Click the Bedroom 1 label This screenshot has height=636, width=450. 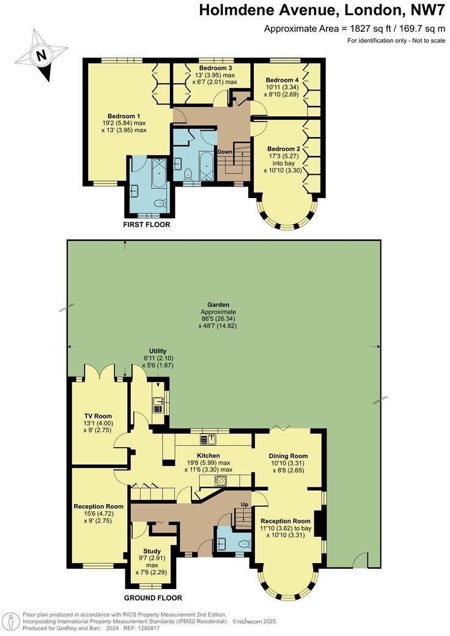coord(124,116)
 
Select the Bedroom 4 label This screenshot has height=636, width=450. coord(282,80)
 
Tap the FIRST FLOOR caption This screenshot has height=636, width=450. coord(147,225)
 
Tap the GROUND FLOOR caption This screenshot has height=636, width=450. coord(153,598)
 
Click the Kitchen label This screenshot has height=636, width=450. coord(208,456)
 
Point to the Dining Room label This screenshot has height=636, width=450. coord(289,456)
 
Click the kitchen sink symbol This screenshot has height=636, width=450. coord(212,438)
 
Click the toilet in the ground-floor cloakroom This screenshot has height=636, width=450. coord(244,543)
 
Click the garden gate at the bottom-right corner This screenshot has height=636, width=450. coord(361,559)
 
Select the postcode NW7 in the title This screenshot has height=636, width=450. coord(423,10)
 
